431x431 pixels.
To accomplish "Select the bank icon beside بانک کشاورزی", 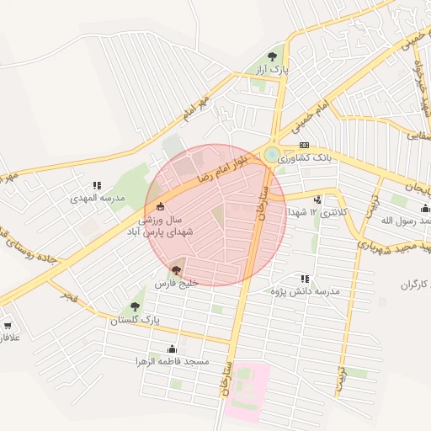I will pyautogui.click(x=304, y=145).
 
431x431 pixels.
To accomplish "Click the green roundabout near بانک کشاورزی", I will pyautogui.click(x=272, y=155).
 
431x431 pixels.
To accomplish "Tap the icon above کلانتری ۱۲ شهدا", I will pyautogui.click(x=317, y=200).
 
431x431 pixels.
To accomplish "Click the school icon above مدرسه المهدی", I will pyautogui.click(x=97, y=185).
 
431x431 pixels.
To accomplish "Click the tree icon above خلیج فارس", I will pyautogui.click(x=176, y=270).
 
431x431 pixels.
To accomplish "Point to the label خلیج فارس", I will pyautogui.click(x=176, y=285).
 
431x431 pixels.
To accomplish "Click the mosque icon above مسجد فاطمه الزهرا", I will pyautogui.click(x=173, y=349).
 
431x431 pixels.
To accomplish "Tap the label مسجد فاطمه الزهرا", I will pyautogui.click(x=173, y=362).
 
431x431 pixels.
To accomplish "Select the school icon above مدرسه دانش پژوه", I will pyautogui.click(x=304, y=278).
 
